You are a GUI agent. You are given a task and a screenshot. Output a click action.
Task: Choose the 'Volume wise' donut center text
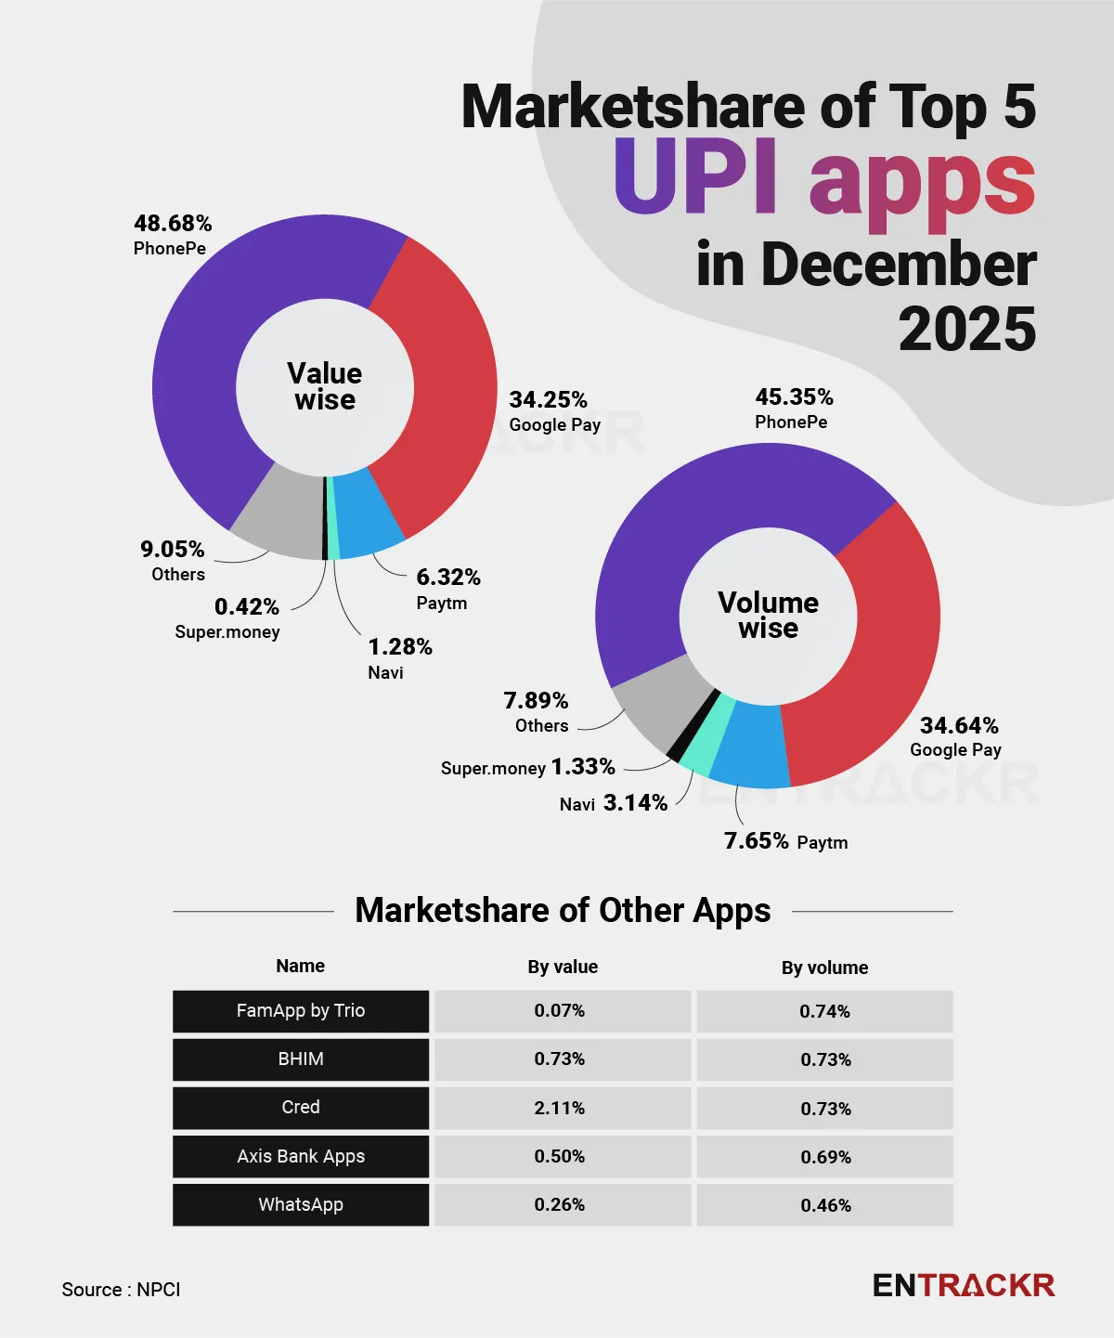point(768,616)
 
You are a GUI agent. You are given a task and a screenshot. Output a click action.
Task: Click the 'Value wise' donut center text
point(325,386)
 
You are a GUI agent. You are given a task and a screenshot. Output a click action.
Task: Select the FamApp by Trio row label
point(301,1011)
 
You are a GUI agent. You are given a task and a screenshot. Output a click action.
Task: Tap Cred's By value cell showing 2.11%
point(560,1108)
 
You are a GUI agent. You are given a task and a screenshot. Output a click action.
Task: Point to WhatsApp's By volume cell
point(825,1205)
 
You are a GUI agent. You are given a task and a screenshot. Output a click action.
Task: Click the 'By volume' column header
point(824,968)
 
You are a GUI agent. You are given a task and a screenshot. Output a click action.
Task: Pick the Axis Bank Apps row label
point(301,1156)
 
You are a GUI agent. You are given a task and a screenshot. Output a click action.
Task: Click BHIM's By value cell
point(560,1059)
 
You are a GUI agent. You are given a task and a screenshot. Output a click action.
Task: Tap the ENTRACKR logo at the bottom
point(964,1286)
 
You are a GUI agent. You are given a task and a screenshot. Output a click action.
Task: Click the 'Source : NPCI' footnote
point(121,1290)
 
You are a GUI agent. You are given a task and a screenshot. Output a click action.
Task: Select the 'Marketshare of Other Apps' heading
point(563,911)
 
